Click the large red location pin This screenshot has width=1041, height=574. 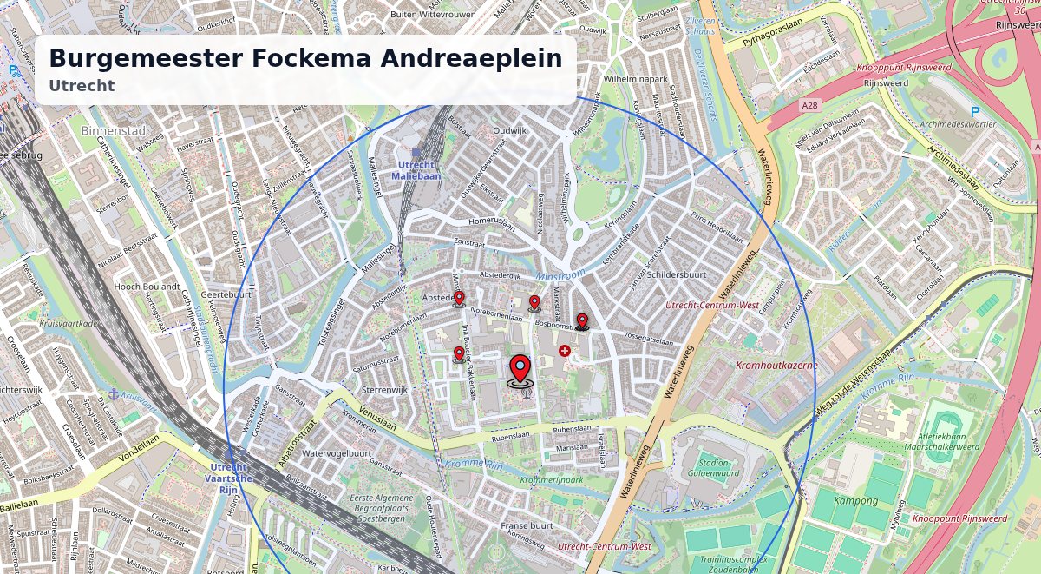tap(520, 370)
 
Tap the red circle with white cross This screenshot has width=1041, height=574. tap(565, 351)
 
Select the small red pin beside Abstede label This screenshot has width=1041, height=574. tap(459, 300)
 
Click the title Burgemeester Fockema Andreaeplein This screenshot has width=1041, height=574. tap(305, 59)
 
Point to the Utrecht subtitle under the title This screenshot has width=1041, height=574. tap(82, 86)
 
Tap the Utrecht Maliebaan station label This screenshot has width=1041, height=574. tap(419, 170)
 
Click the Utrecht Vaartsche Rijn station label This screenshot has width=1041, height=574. tap(230, 478)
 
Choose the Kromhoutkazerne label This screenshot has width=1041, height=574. tap(776, 366)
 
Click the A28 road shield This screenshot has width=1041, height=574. tap(809, 106)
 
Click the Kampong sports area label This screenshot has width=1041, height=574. tap(855, 501)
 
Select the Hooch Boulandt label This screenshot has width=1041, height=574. tap(147, 287)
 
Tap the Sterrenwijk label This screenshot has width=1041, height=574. tap(384, 391)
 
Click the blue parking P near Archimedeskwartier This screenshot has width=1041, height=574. tap(975, 112)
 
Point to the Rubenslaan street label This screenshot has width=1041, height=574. tap(572, 429)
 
